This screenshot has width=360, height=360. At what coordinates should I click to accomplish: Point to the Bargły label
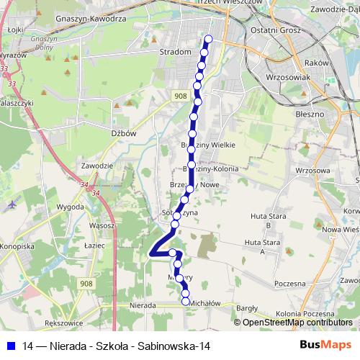coord(247,307)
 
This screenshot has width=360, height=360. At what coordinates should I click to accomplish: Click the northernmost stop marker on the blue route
coord(209,39)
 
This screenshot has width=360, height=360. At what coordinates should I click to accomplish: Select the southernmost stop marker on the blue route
coord(186,302)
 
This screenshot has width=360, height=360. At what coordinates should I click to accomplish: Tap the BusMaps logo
coord(326,346)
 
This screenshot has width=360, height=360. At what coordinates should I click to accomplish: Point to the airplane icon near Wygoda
coord(12,204)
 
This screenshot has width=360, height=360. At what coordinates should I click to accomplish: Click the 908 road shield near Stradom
coord(180,95)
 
